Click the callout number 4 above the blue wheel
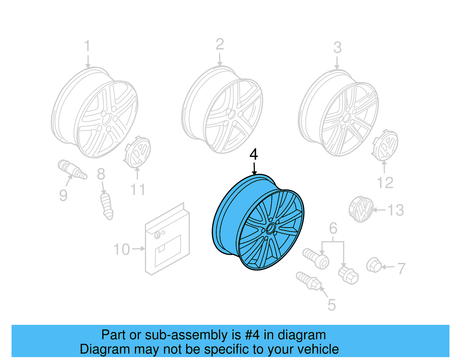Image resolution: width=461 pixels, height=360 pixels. click(254, 154)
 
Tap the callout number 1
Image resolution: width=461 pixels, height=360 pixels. click(87, 46)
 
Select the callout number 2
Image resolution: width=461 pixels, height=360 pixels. click(220, 44)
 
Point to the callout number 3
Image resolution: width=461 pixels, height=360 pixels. click(337, 48)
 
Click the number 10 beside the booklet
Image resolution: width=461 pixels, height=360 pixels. click(122, 250)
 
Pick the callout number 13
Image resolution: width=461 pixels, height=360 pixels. click(396, 210)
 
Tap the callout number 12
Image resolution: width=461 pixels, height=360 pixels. click(385, 183)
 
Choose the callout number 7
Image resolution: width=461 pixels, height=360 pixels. click(401, 269)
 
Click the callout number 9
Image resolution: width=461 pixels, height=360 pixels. click(63, 195)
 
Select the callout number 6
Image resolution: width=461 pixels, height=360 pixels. click(333, 228)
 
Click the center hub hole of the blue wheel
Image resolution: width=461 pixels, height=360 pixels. click(270, 229)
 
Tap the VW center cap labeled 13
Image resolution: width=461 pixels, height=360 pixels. click(361, 209)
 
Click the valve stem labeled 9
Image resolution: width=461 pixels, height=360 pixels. click(72, 169)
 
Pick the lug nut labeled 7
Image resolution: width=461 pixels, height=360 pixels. click(374, 265)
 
